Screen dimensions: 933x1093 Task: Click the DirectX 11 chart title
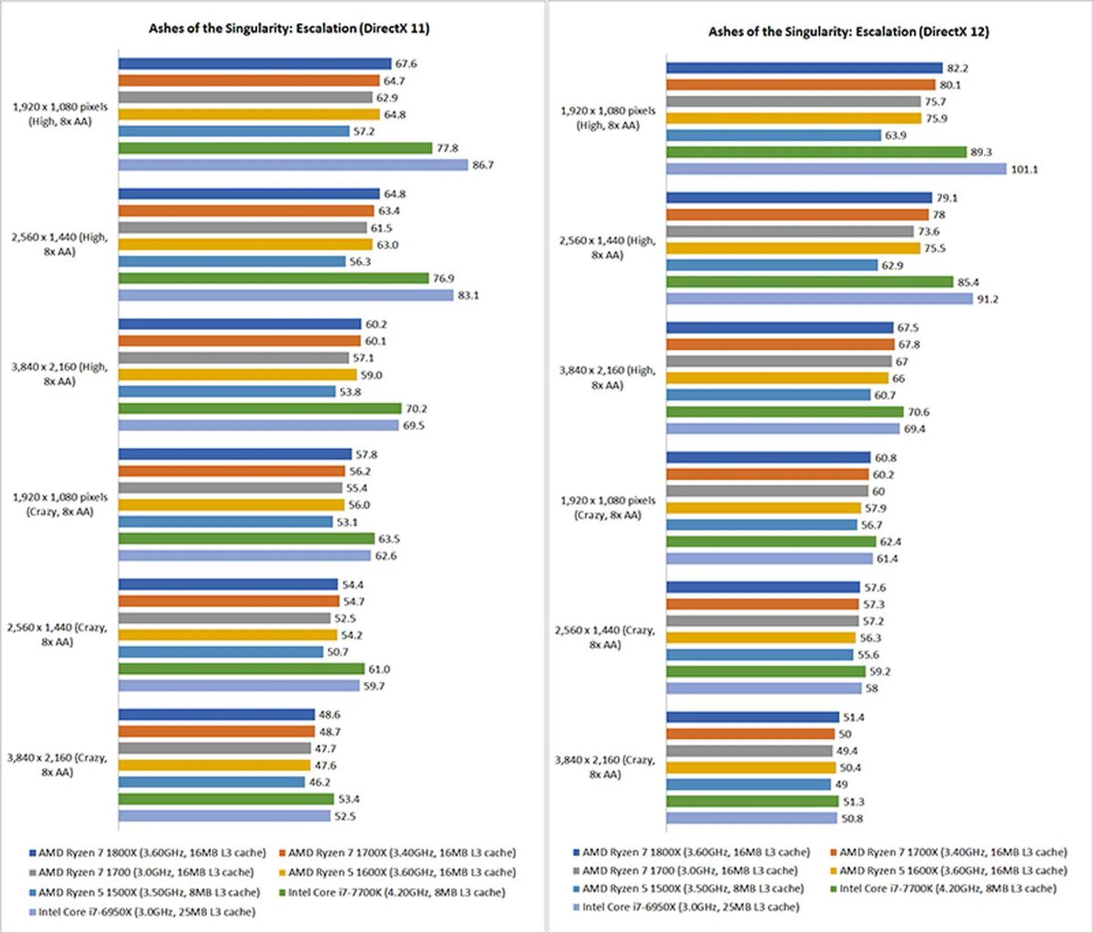pos(289,28)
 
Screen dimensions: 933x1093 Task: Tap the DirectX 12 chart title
pos(848,32)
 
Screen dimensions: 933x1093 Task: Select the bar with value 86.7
pos(293,165)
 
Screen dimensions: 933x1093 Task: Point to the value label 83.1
pos(468,296)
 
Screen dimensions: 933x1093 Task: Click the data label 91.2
pos(987,300)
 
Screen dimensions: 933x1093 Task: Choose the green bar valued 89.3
pos(816,152)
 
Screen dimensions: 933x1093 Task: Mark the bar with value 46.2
pos(212,782)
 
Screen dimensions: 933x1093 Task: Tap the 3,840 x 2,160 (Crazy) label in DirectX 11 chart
pos(57,765)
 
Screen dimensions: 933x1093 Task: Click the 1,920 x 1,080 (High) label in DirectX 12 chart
pos(608,118)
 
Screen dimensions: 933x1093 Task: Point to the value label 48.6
pos(329,715)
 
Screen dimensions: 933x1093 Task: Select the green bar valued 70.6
pos(784,412)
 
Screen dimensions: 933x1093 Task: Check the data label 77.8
pos(447,149)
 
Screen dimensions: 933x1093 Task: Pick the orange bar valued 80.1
pos(800,85)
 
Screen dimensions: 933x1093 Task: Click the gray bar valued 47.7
pos(215,748)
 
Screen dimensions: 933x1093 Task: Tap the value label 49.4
pos(847,751)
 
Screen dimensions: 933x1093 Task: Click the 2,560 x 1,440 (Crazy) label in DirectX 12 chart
pos(605,637)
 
